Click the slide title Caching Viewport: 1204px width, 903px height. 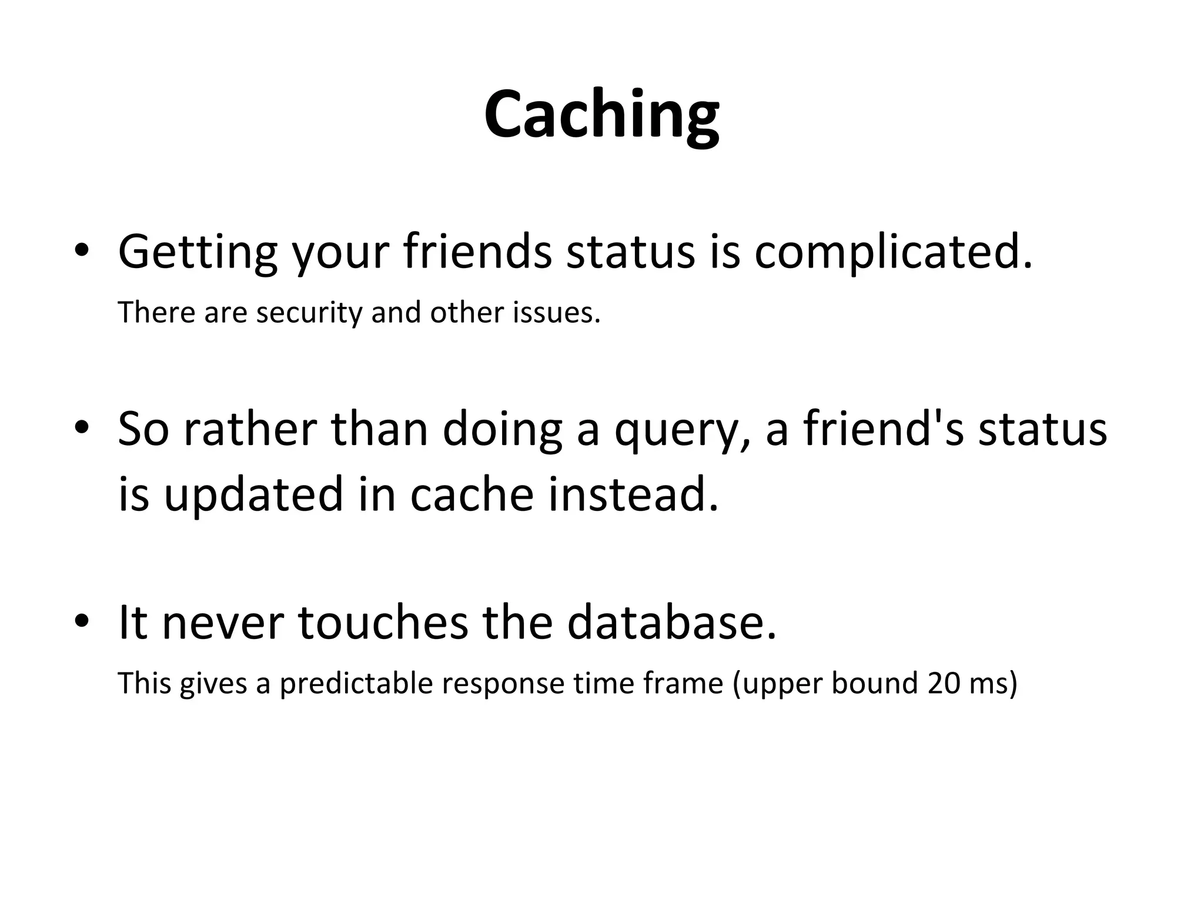601,115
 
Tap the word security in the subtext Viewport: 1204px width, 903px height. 309,312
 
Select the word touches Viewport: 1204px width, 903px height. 383,623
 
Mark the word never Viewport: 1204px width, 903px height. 223,623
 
